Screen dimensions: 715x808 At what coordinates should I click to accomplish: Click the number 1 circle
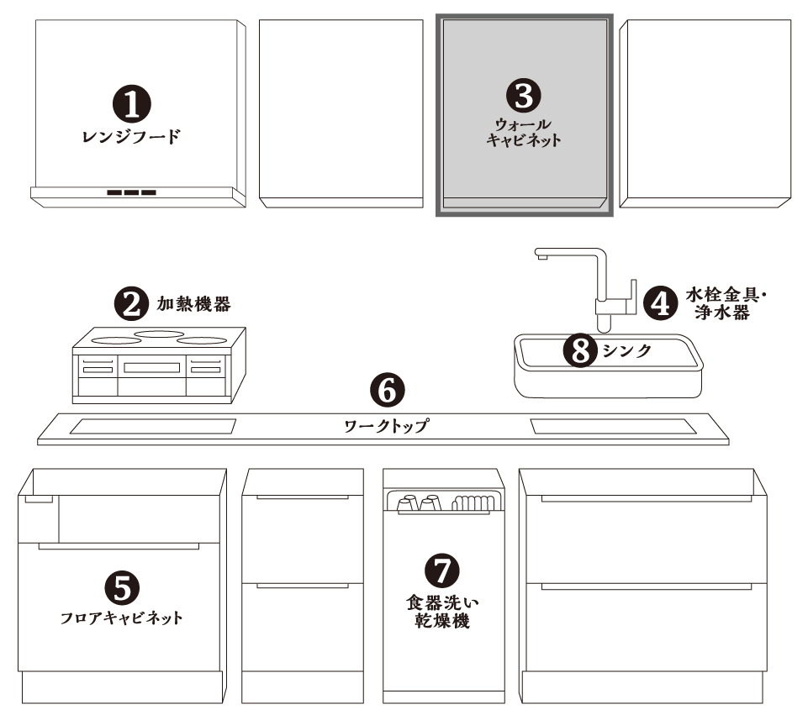(132, 105)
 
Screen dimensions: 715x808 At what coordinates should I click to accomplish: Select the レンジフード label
(131, 136)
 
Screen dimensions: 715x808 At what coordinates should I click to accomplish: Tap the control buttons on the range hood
(131, 193)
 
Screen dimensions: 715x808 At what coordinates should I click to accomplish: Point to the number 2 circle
(132, 303)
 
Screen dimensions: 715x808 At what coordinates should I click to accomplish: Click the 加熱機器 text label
(194, 303)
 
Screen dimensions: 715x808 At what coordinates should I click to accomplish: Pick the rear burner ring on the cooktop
(159, 334)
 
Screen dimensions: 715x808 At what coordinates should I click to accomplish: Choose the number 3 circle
(524, 96)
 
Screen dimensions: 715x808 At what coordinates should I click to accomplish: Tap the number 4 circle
(662, 303)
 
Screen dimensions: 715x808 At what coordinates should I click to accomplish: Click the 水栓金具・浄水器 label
(726, 303)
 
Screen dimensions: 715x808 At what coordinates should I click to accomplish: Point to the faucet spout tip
(541, 257)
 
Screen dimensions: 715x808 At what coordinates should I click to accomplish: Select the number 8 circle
(581, 350)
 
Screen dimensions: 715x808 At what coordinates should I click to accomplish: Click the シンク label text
(627, 350)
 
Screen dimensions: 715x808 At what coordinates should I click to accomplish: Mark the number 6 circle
(388, 390)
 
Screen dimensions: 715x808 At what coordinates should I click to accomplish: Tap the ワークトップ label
(387, 426)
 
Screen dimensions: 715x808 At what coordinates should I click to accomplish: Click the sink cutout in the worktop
(613, 427)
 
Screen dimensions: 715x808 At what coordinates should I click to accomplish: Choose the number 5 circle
(123, 587)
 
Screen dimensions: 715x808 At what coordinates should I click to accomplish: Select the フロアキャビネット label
(122, 618)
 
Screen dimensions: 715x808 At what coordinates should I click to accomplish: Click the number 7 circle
(442, 570)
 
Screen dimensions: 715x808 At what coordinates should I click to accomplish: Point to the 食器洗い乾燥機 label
(442, 612)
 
